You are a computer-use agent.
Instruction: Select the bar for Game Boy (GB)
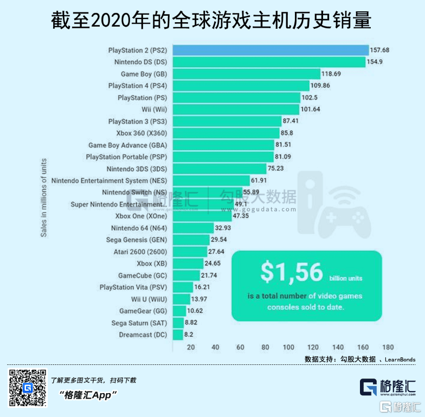246,74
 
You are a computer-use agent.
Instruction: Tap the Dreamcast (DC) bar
177,335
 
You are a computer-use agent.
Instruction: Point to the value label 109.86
334,86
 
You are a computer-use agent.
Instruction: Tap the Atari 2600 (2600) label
140,252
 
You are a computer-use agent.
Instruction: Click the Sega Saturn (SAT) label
139,323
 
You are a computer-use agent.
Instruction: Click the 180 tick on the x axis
388,347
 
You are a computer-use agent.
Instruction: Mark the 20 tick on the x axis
191,347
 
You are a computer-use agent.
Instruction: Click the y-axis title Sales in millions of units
43,197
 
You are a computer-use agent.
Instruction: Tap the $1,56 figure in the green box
292,272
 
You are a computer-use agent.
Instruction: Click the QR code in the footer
28,387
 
